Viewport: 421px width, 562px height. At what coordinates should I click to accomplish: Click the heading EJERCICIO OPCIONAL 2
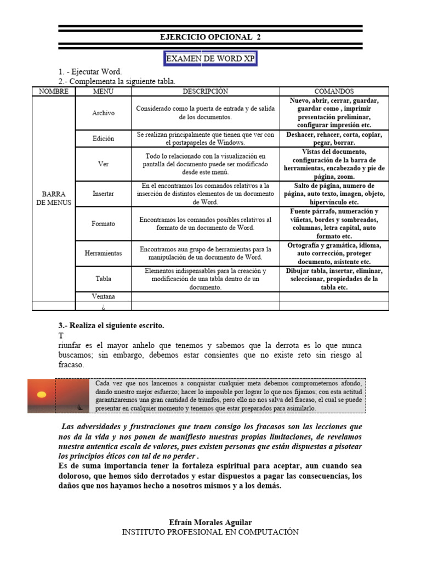210,37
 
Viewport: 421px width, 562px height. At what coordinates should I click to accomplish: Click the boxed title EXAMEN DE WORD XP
211,59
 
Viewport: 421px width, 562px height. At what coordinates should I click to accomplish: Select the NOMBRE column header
54,91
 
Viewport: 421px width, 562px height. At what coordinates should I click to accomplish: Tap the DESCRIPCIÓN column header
205,91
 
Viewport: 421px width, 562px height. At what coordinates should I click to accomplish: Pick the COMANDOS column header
334,91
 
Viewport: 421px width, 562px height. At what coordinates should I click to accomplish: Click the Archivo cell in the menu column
103,113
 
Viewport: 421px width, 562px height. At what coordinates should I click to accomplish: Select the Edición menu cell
103,138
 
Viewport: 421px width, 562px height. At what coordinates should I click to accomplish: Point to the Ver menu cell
103,164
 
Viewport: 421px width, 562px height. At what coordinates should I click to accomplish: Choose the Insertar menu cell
103,194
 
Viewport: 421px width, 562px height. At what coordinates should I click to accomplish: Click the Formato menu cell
103,223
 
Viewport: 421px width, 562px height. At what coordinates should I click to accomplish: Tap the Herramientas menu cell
103,253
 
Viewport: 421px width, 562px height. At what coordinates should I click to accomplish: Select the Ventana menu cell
103,296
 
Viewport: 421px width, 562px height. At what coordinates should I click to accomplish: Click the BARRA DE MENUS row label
54,198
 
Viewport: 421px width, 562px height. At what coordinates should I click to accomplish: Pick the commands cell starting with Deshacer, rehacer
334,138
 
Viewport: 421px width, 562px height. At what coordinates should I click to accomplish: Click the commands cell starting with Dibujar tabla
334,279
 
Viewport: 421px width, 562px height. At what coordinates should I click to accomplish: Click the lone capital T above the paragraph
61,335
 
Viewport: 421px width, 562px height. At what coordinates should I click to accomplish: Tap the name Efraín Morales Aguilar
210,522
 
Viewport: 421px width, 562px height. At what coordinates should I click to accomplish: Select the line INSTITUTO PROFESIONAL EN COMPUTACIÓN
210,532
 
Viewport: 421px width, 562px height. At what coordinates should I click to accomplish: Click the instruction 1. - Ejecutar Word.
90,72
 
